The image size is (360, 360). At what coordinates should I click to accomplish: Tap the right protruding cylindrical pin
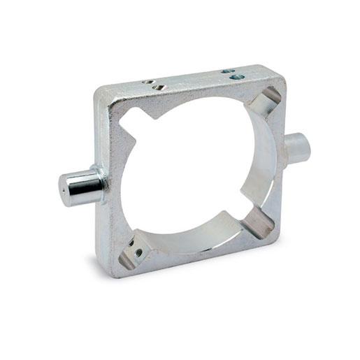tap(296, 147)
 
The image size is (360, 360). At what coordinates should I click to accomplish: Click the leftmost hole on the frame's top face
tap(147, 82)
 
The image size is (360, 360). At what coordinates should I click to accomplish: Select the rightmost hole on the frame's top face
tap(237, 76)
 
